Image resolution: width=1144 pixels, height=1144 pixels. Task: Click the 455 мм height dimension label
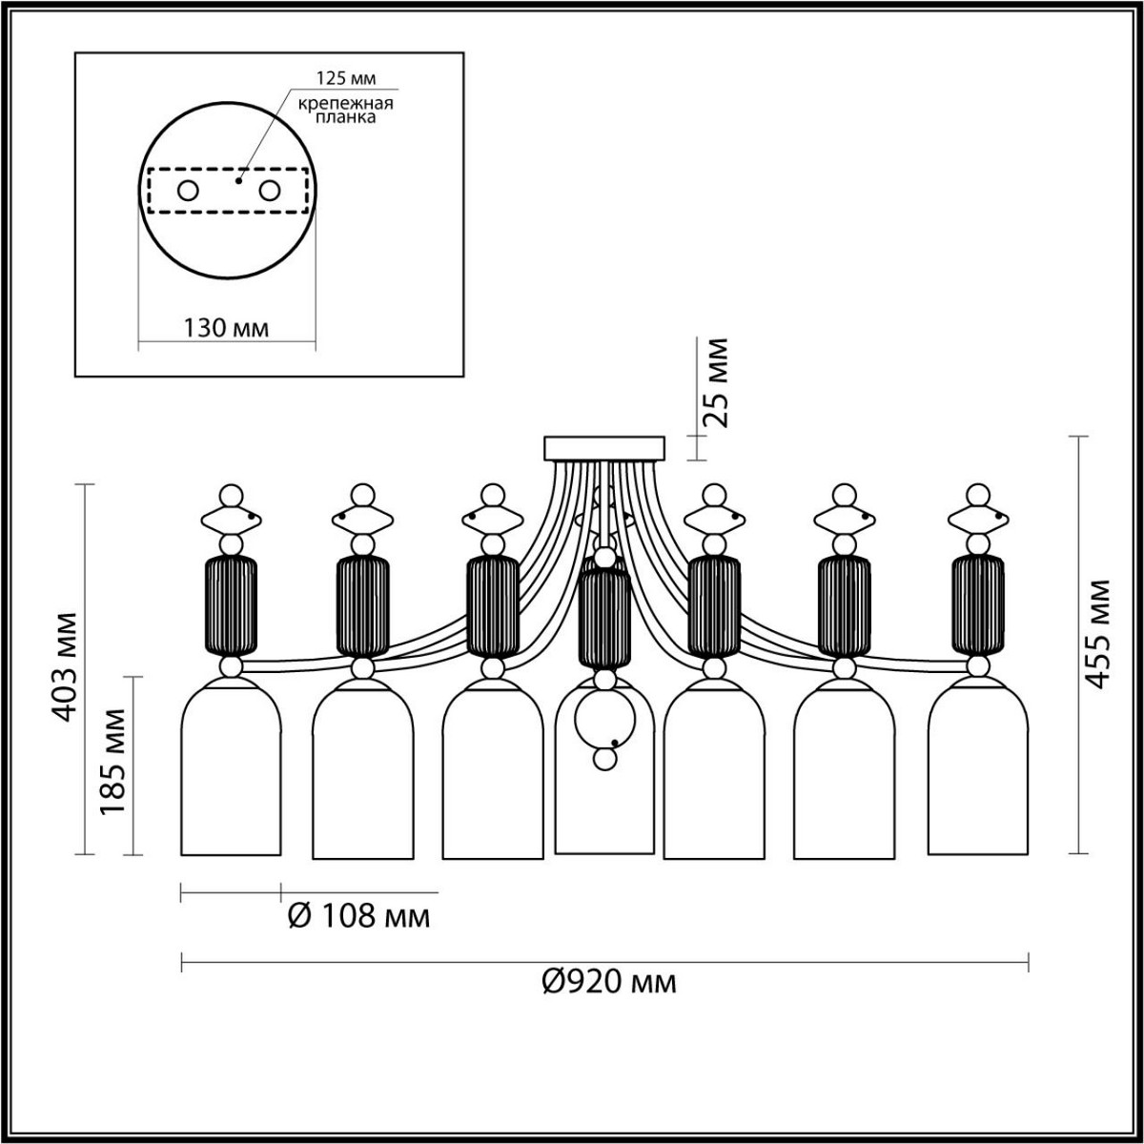coord(1099,633)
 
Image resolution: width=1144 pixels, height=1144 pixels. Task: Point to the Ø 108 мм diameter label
coord(358,917)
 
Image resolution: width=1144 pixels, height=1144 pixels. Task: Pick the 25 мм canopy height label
coord(718,381)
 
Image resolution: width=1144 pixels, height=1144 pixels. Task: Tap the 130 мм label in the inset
coord(226,328)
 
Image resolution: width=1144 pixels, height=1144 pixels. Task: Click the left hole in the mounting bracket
coord(188,191)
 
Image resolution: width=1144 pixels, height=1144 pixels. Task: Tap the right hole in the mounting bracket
coord(270,191)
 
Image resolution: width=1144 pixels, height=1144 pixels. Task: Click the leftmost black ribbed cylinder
coord(232,604)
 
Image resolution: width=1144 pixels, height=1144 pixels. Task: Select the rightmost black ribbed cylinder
coord(977,604)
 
